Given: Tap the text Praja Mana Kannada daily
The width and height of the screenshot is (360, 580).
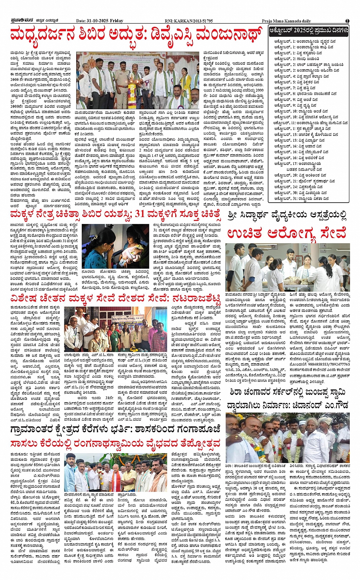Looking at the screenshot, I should click(286, 21).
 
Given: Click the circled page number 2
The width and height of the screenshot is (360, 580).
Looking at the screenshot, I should click(347, 21).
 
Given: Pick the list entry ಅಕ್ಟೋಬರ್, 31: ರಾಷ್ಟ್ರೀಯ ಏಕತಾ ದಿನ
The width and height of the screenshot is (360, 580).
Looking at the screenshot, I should click(303, 198).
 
